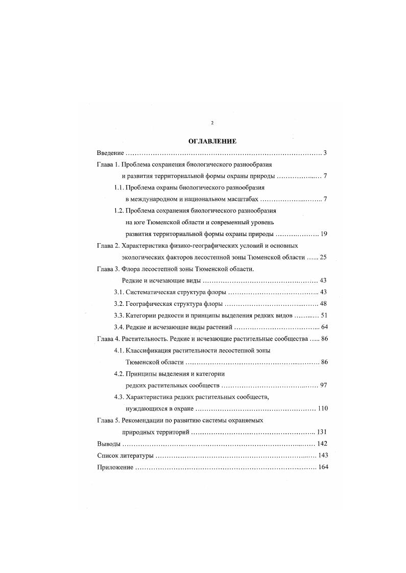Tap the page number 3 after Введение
click(x=325, y=153)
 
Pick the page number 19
click(x=324, y=234)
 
